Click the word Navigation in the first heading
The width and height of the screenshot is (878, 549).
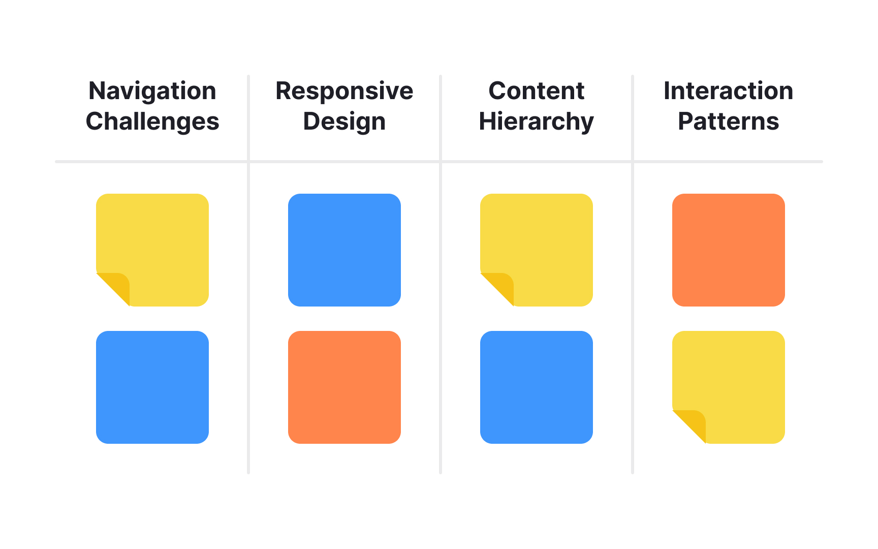pyautogui.click(x=152, y=91)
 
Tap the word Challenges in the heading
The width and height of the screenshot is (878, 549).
pyautogui.click(x=152, y=122)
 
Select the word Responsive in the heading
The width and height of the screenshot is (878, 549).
pyautogui.click(x=344, y=91)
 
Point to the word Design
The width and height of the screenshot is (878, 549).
pyautogui.click(x=344, y=122)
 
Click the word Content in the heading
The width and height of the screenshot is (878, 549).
pyautogui.click(x=536, y=91)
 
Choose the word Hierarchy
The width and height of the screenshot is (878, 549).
pyautogui.click(x=536, y=122)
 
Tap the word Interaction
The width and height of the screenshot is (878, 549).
pyautogui.click(x=728, y=91)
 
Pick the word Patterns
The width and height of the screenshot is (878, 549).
pyautogui.click(x=728, y=121)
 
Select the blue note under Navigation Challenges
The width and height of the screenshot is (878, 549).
pyautogui.click(x=152, y=387)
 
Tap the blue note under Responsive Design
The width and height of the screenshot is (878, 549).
pyautogui.click(x=344, y=250)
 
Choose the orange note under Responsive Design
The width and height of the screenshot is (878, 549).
pyautogui.click(x=344, y=387)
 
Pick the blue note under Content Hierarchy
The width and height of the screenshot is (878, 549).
pyautogui.click(x=537, y=387)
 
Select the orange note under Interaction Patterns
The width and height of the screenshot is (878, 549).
pyautogui.click(x=729, y=250)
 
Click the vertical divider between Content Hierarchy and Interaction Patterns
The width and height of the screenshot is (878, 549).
pyautogui.click(x=633, y=315)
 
